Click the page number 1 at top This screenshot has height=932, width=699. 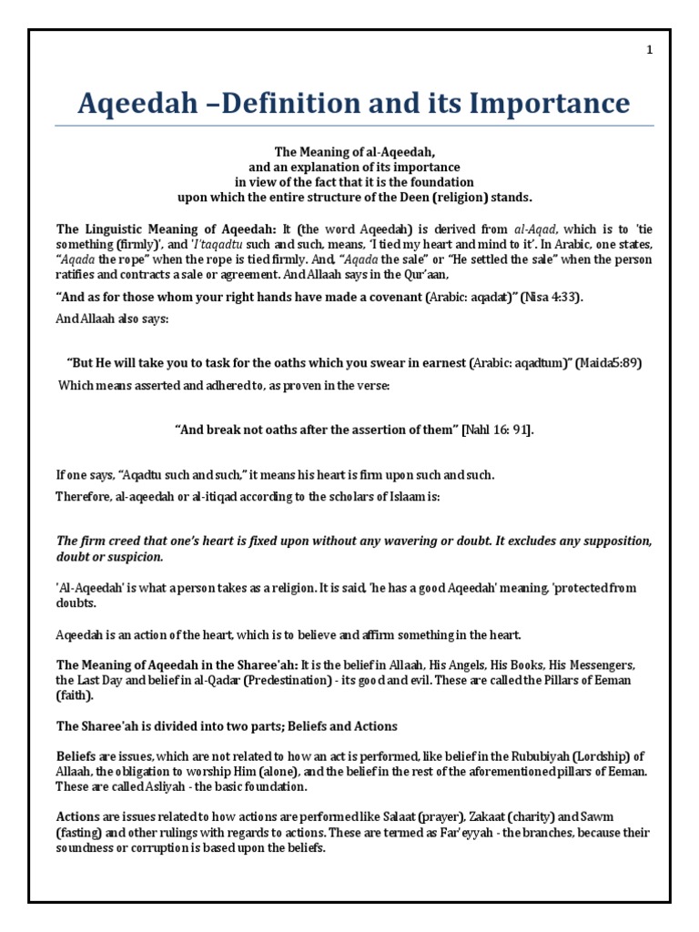[x=650, y=50]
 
